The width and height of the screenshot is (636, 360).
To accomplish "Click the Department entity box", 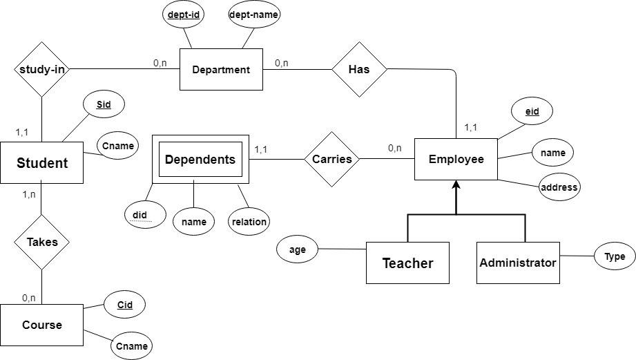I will pyautogui.click(x=221, y=69).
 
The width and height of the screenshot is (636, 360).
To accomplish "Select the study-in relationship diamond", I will pyautogui.click(x=41, y=69).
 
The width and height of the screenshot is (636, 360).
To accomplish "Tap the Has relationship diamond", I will pyautogui.click(x=359, y=69).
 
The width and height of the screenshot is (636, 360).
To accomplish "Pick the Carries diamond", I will pyautogui.click(x=332, y=159).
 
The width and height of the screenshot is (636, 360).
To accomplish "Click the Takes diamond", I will pyautogui.click(x=41, y=242).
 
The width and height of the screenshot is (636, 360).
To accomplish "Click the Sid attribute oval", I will pyautogui.click(x=104, y=105).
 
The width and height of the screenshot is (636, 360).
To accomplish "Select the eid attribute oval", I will pyautogui.click(x=532, y=111).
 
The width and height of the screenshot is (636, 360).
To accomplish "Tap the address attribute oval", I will pyautogui.click(x=559, y=187).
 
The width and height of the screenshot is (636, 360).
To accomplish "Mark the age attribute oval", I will pyautogui.click(x=297, y=249).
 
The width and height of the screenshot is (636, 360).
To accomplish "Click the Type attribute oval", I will pyautogui.click(x=615, y=256).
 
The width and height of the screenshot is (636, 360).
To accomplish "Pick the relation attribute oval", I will pyautogui.click(x=249, y=221).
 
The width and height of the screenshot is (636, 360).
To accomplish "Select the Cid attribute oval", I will pyautogui.click(x=124, y=304).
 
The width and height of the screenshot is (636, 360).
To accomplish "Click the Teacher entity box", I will pyautogui.click(x=407, y=263).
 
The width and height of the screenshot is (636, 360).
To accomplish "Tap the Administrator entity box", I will pyautogui.click(x=518, y=263).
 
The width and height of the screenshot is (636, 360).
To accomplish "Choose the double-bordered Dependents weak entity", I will pyautogui.click(x=200, y=160).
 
